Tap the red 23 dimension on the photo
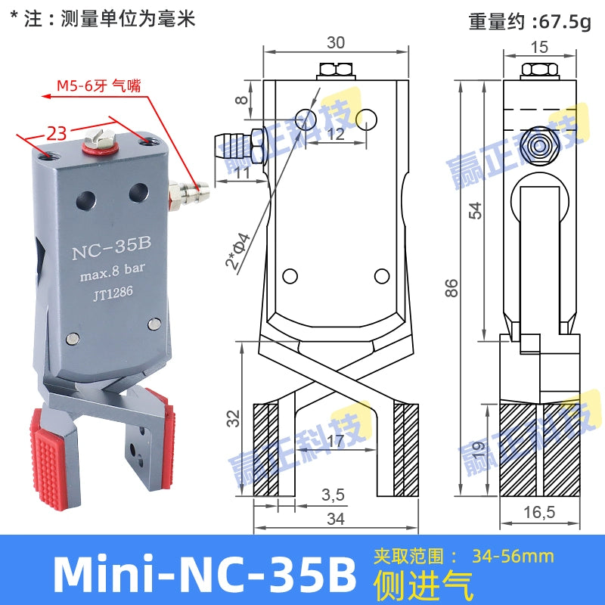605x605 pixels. [x=56, y=134]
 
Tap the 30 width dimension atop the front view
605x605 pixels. [x=337, y=43]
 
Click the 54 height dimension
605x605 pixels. [x=474, y=210]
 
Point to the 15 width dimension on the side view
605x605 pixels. [x=539, y=46]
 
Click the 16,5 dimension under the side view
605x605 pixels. [x=540, y=513]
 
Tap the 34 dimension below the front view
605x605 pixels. [x=336, y=519]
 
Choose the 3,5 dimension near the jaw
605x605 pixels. [x=333, y=495]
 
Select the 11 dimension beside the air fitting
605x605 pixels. [x=242, y=173]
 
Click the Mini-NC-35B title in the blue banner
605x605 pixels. [x=205, y=573]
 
